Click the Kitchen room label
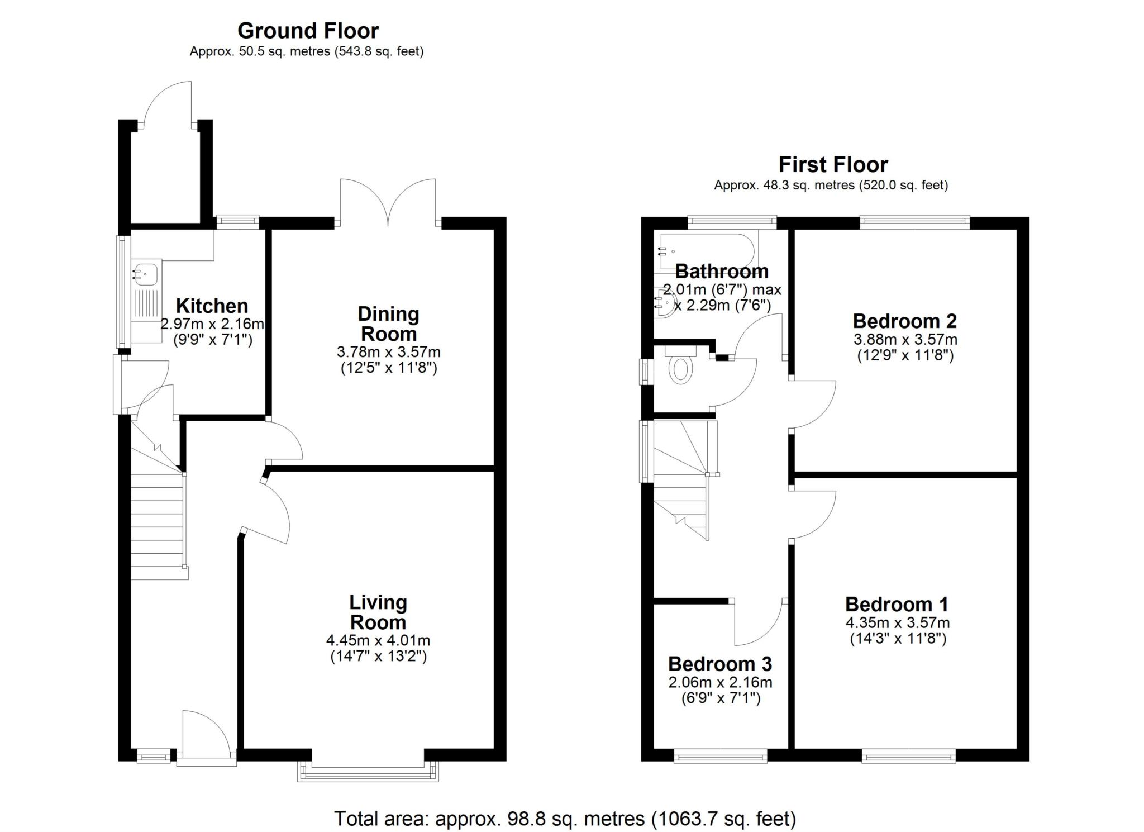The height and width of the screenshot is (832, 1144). [x=212, y=306]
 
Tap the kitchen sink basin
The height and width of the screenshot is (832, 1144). [x=145, y=274]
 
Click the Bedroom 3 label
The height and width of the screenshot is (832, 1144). [x=719, y=664]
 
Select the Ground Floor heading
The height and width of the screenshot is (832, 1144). [x=308, y=30]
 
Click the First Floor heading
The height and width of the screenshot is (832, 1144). [x=833, y=165]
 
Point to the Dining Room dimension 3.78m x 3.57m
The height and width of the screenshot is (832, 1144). [x=388, y=352]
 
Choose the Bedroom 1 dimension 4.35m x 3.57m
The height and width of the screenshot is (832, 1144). [x=897, y=622]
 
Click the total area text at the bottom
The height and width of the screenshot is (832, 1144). [x=565, y=819]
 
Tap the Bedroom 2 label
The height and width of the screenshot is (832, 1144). [x=904, y=321]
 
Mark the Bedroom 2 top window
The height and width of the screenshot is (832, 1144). [x=914, y=222]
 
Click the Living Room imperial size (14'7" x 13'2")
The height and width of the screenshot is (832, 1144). [x=378, y=656]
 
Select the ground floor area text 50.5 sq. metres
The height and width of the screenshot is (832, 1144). [x=306, y=52]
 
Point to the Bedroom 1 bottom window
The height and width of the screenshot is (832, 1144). [x=908, y=757]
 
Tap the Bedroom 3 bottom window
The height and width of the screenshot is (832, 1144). [x=721, y=757]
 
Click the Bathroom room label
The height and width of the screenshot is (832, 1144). [x=722, y=272]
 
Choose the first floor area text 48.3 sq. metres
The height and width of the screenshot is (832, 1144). [x=831, y=185]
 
